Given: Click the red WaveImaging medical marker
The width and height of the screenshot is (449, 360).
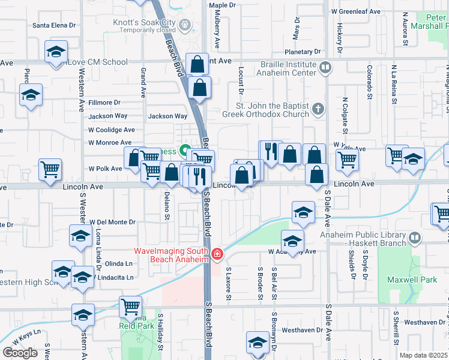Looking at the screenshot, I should tap(217, 255).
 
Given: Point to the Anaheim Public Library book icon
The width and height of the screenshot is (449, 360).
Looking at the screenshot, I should tap(414, 239).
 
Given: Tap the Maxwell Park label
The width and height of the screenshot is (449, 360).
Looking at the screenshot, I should tap(427, 280).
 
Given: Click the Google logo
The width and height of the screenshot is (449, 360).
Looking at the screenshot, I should tap(20, 353).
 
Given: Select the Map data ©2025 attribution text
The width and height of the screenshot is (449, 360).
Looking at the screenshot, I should tap(424, 355).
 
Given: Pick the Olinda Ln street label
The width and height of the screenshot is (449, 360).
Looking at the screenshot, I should tap(118, 263).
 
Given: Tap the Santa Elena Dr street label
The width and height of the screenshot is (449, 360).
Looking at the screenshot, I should tap(54, 25).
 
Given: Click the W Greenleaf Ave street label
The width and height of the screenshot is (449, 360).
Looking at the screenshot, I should tap(356, 11).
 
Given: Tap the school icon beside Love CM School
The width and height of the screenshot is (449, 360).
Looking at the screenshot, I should tap(56, 53).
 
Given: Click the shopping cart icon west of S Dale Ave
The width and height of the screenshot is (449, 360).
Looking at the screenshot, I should tap(348, 160).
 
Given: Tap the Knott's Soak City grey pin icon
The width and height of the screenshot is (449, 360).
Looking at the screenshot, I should tap(185, 25).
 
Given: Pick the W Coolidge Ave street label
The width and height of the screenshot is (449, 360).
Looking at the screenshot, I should tap(112, 130).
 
